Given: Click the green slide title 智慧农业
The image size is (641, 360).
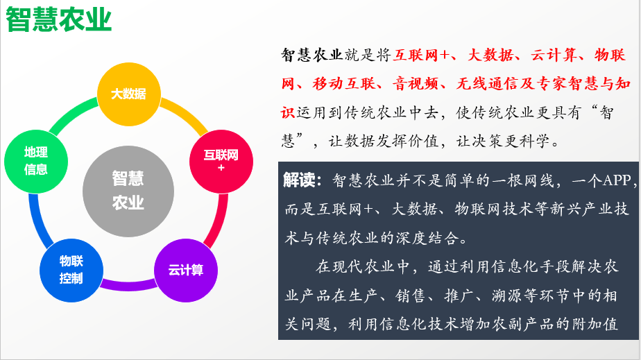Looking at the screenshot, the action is pos(58,19).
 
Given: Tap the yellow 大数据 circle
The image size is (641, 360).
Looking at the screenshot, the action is pos(129,94).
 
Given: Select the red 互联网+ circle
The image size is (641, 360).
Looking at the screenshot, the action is pos(221,162).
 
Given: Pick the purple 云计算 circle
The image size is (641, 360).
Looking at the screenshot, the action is pos(186,270).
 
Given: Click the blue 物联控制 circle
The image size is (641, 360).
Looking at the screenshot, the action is pos(71,270).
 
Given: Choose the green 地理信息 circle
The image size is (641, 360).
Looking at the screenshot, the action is pos(36,162).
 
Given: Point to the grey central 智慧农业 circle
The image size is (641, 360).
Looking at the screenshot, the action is pos(128,191).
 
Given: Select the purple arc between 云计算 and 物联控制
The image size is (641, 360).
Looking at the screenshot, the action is pos(128,285).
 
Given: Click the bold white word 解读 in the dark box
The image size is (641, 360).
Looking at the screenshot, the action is pos(299,180).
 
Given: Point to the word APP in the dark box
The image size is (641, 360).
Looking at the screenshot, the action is pos(617,180).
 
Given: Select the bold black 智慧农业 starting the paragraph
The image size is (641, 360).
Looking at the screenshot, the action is pos(311,55).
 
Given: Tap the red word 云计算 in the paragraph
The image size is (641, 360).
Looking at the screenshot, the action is pos(554,55).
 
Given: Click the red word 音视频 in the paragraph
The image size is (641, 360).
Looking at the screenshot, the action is pos(416,83).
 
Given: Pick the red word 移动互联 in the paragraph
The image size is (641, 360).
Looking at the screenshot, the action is pos(344,83).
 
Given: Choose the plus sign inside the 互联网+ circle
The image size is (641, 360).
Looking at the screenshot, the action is pos(221,168).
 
